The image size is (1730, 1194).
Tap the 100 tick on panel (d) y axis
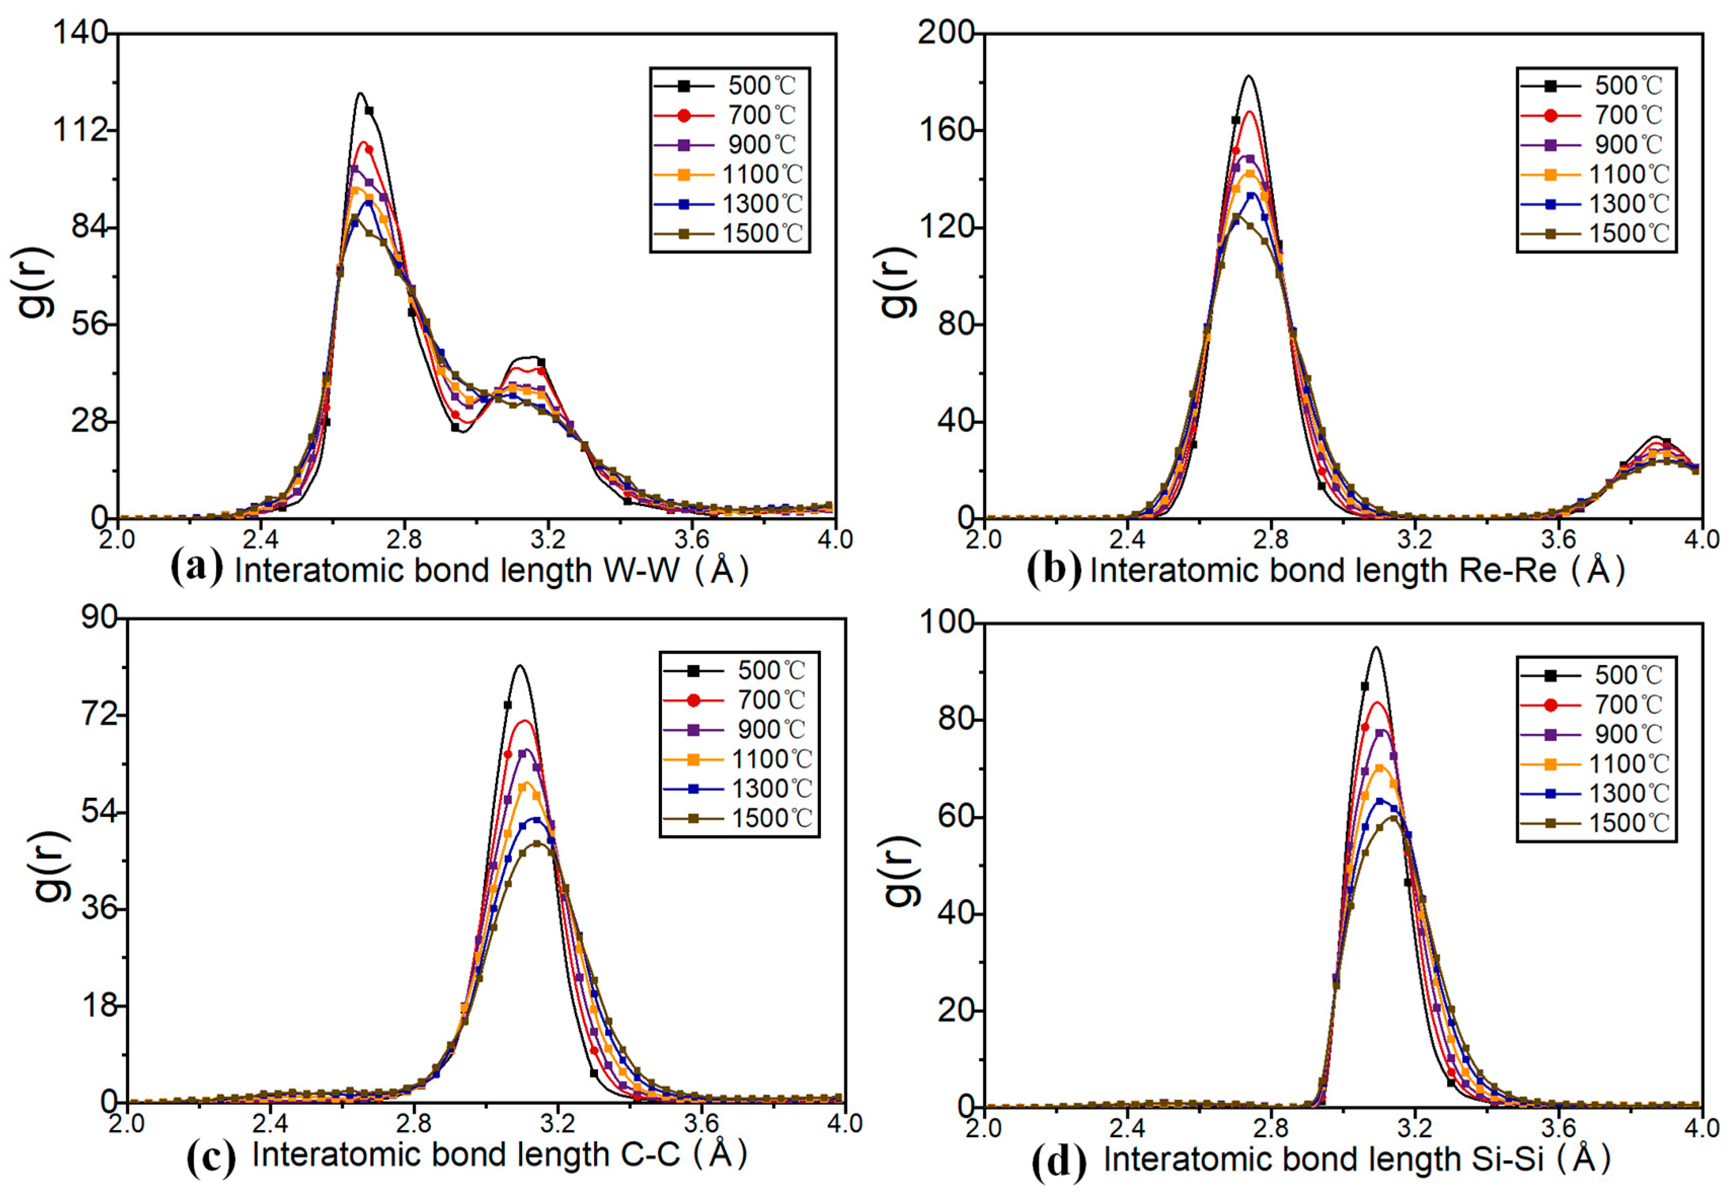[x=946, y=623]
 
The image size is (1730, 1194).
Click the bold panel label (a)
[x=196, y=569]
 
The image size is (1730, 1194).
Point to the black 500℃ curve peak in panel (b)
[x=1248, y=76]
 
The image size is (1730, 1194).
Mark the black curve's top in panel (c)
[x=519, y=666]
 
